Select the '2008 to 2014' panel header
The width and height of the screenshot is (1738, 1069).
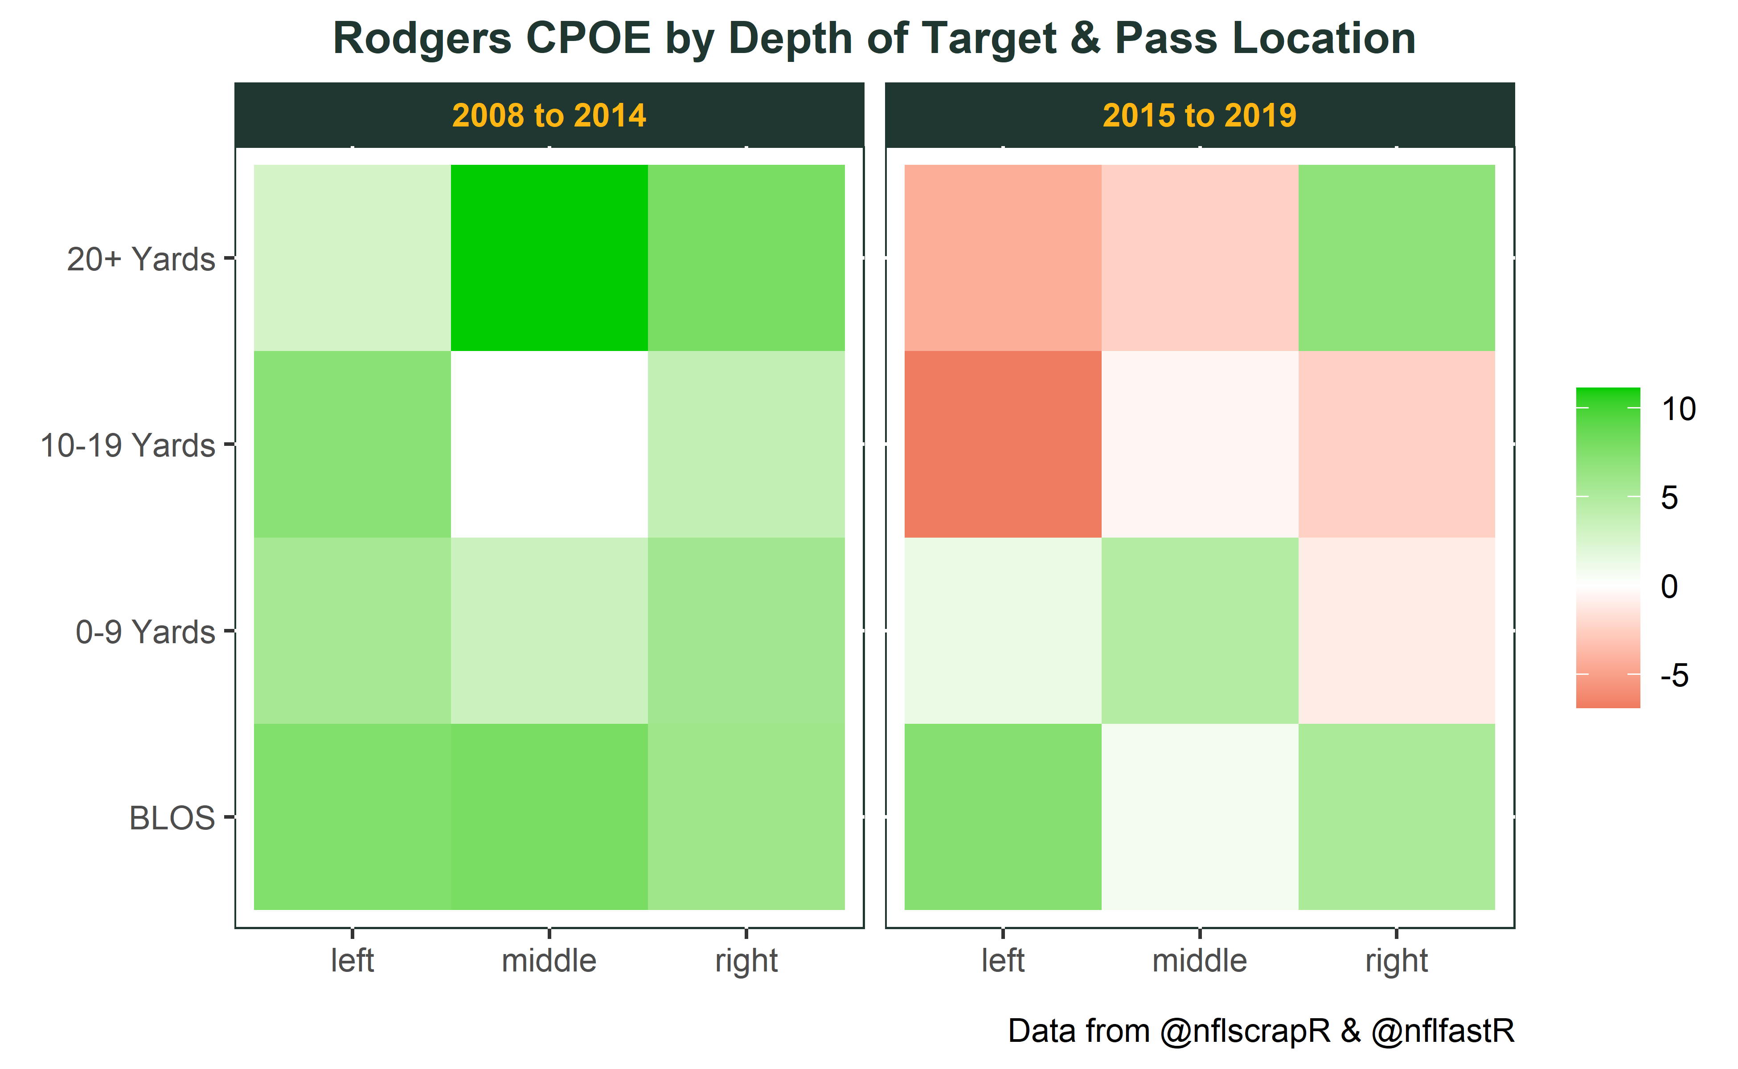coord(549,115)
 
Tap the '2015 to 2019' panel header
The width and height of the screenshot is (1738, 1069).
coord(1200,115)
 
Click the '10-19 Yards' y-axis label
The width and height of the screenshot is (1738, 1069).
coord(127,445)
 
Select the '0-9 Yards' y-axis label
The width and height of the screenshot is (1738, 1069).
coord(145,631)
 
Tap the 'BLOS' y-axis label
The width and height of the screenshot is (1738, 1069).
coord(172,818)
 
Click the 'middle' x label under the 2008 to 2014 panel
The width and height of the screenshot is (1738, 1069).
coord(549,961)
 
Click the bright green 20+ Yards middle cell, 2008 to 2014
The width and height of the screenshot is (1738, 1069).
coord(549,258)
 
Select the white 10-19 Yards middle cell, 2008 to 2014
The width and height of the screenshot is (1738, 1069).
coord(549,444)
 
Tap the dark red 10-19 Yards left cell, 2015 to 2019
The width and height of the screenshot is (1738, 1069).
coord(1003,444)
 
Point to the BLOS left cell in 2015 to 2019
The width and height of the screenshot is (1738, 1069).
coord(1003,816)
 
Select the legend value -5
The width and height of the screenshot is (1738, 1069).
coord(1674,676)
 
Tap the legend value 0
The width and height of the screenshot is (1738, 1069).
coord(1669,587)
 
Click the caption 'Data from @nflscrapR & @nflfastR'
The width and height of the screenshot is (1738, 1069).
coord(1261,1032)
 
